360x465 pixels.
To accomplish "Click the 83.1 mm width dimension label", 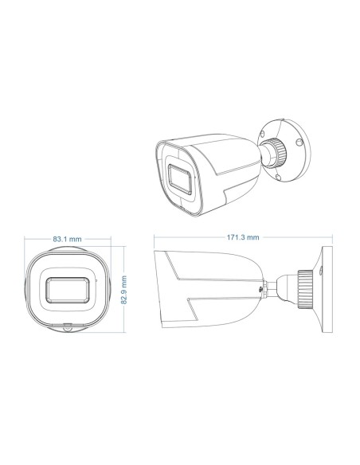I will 67,238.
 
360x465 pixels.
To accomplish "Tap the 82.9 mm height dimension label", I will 124,291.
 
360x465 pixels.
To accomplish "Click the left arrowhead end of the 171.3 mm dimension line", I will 155,238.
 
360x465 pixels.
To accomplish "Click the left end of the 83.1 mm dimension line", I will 25,238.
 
